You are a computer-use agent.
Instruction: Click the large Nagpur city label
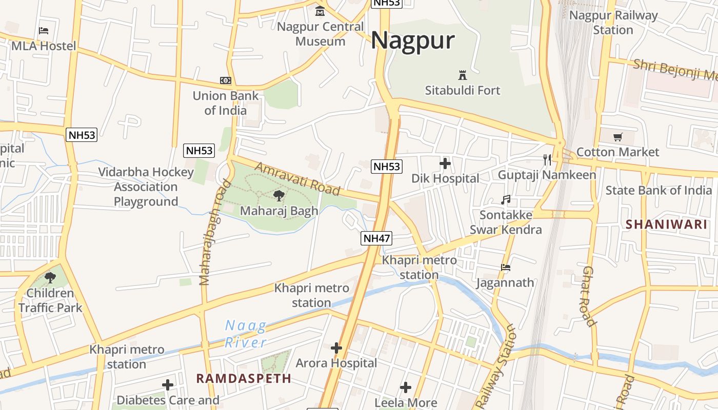(413, 40)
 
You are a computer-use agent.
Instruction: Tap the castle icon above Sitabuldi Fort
(463, 75)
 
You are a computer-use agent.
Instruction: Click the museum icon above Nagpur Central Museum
(321, 11)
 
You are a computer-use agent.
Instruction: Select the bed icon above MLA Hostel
(44, 31)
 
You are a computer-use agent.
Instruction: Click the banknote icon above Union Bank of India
(226, 80)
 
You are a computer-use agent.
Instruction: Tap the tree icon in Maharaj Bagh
(279, 195)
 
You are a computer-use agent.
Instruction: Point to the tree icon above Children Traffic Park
(50, 278)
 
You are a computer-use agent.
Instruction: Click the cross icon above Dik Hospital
(445, 163)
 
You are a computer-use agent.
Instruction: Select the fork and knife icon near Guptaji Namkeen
(547, 160)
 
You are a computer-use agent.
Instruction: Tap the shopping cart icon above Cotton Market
(618, 137)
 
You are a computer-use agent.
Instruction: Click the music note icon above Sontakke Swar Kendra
(506, 199)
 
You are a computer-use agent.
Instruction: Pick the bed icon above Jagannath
(505, 267)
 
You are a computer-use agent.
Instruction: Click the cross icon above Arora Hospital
(336, 348)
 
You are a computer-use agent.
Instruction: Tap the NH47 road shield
(376, 238)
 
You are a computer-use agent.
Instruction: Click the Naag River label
(246, 334)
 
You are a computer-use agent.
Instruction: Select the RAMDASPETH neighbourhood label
(244, 379)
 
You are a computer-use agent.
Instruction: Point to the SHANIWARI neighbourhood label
(666, 224)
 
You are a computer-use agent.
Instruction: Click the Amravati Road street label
(297, 179)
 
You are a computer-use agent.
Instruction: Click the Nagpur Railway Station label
(613, 23)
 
